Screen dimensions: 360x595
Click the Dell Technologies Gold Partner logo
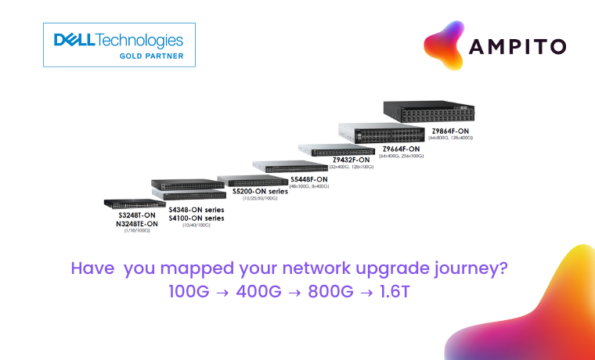(x=119, y=45)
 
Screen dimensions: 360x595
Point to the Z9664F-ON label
(x=401, y=149)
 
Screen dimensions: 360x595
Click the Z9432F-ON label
(x=352, y=160)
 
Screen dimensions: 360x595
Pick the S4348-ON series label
(x=196, y=210)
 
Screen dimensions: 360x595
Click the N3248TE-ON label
(x=137, y=223)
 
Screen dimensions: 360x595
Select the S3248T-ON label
(x=137, y=214)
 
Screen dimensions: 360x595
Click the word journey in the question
(x=467, y=268)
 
